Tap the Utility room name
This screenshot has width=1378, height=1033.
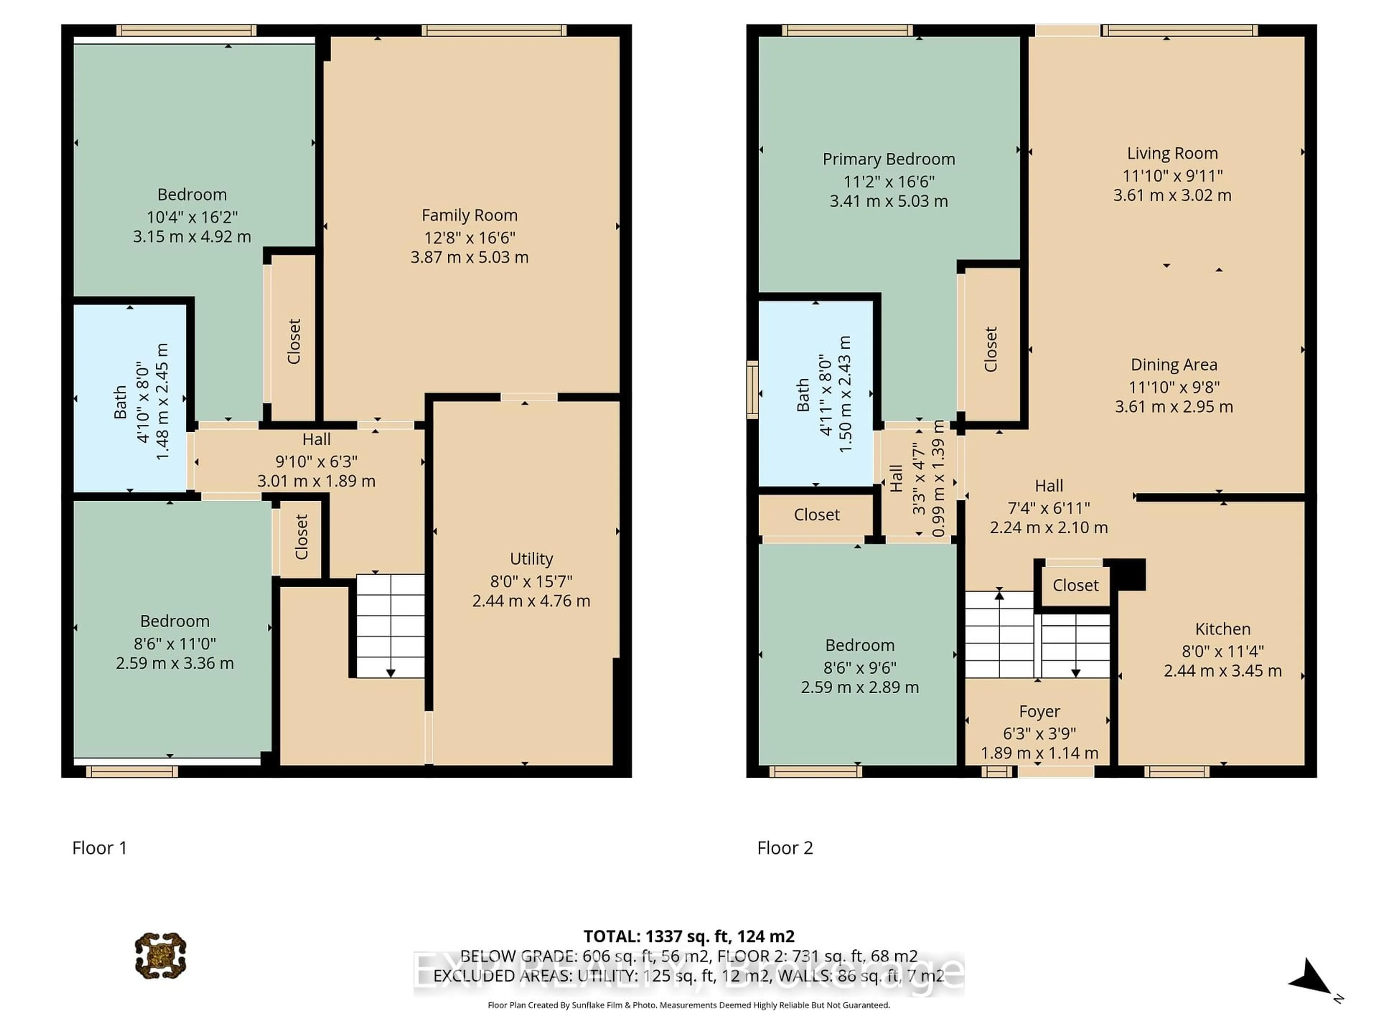[531, 559]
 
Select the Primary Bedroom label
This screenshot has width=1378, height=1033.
[889, 159]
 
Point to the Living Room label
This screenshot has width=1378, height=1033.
[1172, 153]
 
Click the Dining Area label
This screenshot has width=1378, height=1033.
[1174, 365]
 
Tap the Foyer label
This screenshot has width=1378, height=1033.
[1040, 712]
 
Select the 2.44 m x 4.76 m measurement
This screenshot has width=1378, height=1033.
[531, 601]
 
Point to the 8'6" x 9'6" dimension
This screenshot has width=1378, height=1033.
[860, 668]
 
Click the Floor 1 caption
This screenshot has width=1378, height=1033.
[100, 848]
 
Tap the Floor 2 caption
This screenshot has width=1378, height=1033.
[785, 848]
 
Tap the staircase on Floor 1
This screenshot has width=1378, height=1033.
[390, 626]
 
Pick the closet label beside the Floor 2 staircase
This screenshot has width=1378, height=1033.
[1076, 585]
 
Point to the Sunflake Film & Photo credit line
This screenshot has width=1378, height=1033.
[688, 1005]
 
